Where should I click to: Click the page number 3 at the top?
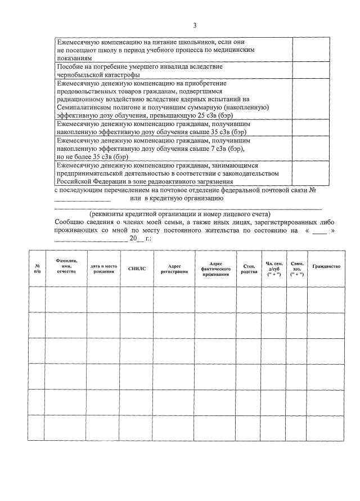pos(195,25)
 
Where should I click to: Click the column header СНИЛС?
pos(137,269)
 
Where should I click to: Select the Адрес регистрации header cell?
pos(174,269)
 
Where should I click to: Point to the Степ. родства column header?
pos(249,269)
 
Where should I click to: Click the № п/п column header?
pos(37,269)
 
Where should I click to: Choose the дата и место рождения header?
pos(103,269)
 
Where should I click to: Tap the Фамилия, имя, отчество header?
pos(66,266)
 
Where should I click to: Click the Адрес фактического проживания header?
pos(215,269)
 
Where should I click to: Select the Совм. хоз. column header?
pos(296,269)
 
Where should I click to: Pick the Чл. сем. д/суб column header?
pos(274,269)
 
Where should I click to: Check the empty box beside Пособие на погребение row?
pos(307,70)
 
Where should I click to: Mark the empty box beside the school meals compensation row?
pos(307,50)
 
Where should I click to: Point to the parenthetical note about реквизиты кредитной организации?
pos(180,214)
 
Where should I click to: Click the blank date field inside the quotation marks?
pos(319,231)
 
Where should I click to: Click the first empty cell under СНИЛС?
pos(137,299)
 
